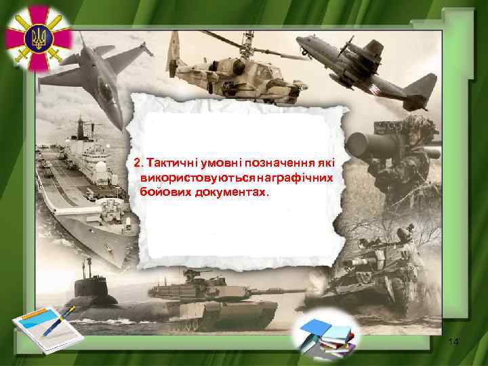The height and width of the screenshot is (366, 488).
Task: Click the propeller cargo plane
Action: coord(359,60)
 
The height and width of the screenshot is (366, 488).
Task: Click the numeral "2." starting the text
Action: coord(139,163)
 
